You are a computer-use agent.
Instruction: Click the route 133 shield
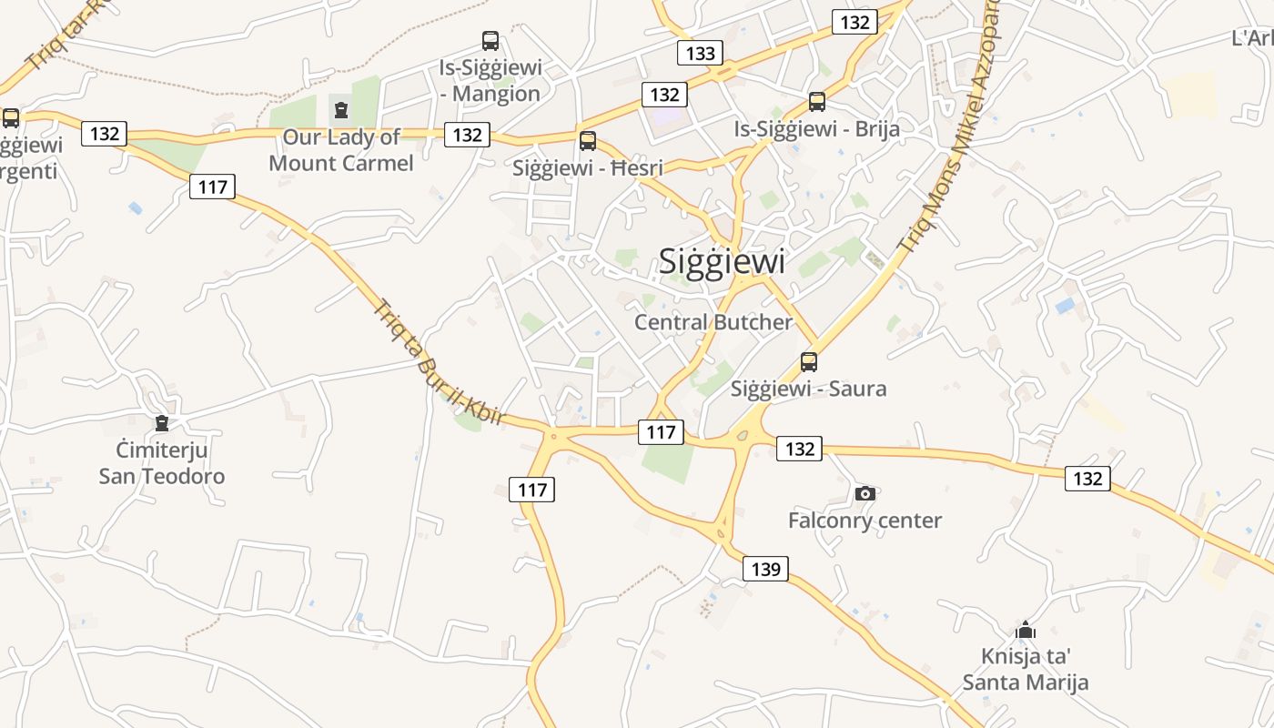click(700, 53)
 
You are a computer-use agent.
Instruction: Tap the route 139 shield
click(765, 570)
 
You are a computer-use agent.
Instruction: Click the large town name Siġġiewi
click(722, 262)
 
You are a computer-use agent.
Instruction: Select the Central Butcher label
click(713, 322)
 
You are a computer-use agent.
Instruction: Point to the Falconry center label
click(864, 521)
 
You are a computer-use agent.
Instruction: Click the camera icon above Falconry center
click(864, 493)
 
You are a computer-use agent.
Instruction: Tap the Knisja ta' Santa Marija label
click(1026, 670)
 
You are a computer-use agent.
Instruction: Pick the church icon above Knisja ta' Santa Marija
click(1026, 630)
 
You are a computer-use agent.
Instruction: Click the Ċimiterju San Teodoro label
click(162, 463)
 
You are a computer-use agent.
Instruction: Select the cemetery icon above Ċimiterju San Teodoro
click(162, 423)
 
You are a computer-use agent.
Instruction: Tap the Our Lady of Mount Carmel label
click(341, 150)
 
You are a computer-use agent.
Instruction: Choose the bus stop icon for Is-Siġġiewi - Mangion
click(490, 41)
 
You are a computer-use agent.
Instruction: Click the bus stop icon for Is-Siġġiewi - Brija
click(817, 102)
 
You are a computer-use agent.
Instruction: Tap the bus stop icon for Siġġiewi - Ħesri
click(588, 141)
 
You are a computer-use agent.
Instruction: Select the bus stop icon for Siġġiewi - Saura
click(809, 362)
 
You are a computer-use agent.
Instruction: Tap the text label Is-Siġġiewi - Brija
click(817, 129)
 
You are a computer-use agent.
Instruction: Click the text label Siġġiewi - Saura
click(809, 389)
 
